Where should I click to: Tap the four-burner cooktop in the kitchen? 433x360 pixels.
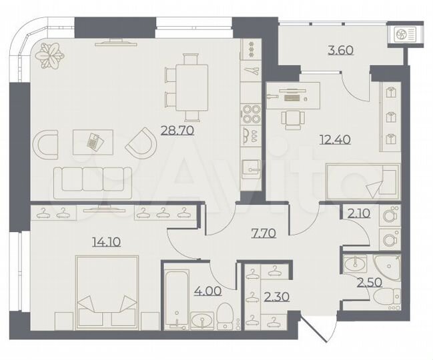251,115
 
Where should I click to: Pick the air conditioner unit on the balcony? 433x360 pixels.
404,35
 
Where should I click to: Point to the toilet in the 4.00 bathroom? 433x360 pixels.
224,314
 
